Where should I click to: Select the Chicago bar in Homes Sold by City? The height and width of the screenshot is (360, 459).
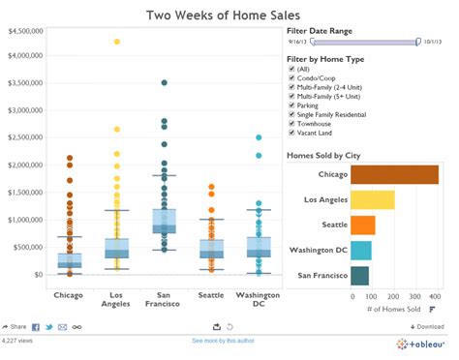pyautogui.click(x=394, y=174)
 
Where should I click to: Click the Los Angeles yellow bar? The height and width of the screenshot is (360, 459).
pyautogui.click(x=372, y=200)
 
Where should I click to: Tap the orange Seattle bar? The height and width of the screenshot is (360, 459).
pyautogui.click(x=362, y=225)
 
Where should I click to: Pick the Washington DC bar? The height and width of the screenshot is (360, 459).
pyautogui.click(x=360, y=251)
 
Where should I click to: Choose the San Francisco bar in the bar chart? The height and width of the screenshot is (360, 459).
pyautogui.click(x=359, y=276)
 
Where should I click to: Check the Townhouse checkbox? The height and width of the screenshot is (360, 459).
pyautogui.click(x=291, y=124)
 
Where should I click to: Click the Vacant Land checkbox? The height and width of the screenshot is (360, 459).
pyautogui.click(x=291, y=134)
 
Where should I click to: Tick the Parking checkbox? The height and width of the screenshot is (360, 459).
pyautogui.click(x=291, y=105)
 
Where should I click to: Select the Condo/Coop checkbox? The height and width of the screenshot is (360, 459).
pyautogui.click(x=291, y=78)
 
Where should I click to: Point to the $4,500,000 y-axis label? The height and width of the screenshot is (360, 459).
pyautogui.click(x=24, y=31)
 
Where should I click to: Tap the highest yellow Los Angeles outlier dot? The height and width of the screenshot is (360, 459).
pyautogui.click(x=117, y=42)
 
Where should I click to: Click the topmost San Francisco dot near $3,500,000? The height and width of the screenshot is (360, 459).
pyautogui.click(x=165, y=83)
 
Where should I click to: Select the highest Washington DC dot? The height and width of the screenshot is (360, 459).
pyautogui.click(x=259, y=137)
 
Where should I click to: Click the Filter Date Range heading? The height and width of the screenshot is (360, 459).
pyautogui.click(x=320, y=30)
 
